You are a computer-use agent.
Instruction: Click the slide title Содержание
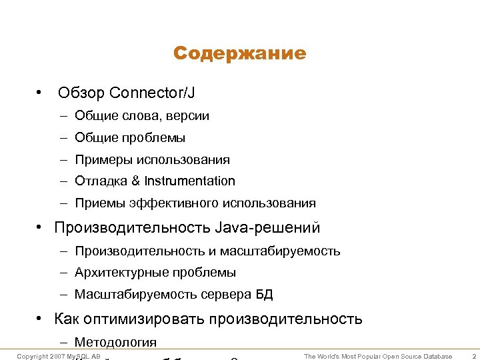239,53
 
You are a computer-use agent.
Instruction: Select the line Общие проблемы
130,138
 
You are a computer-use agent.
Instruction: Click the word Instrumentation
190,181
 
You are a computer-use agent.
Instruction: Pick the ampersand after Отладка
135,181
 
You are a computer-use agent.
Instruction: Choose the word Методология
116,342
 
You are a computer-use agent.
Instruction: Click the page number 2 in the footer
472,356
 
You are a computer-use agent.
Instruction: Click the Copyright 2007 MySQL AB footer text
59,356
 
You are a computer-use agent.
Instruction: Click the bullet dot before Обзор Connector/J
41,91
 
